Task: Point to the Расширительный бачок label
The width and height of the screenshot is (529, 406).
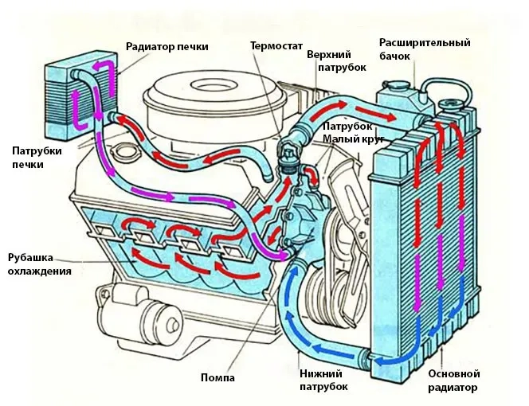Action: click(425, 49)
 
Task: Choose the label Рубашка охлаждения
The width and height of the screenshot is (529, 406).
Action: click(40, 264)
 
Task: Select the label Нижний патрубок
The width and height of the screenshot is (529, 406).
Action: click(323, 379)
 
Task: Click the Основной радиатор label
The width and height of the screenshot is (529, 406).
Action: click(453, 381)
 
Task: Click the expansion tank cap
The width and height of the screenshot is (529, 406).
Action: click(394, 83)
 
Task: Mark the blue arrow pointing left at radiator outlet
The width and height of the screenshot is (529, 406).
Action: click(389, 361)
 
